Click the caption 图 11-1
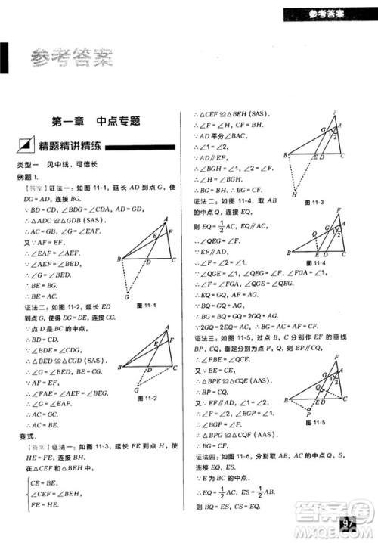(x=145, y=305)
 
